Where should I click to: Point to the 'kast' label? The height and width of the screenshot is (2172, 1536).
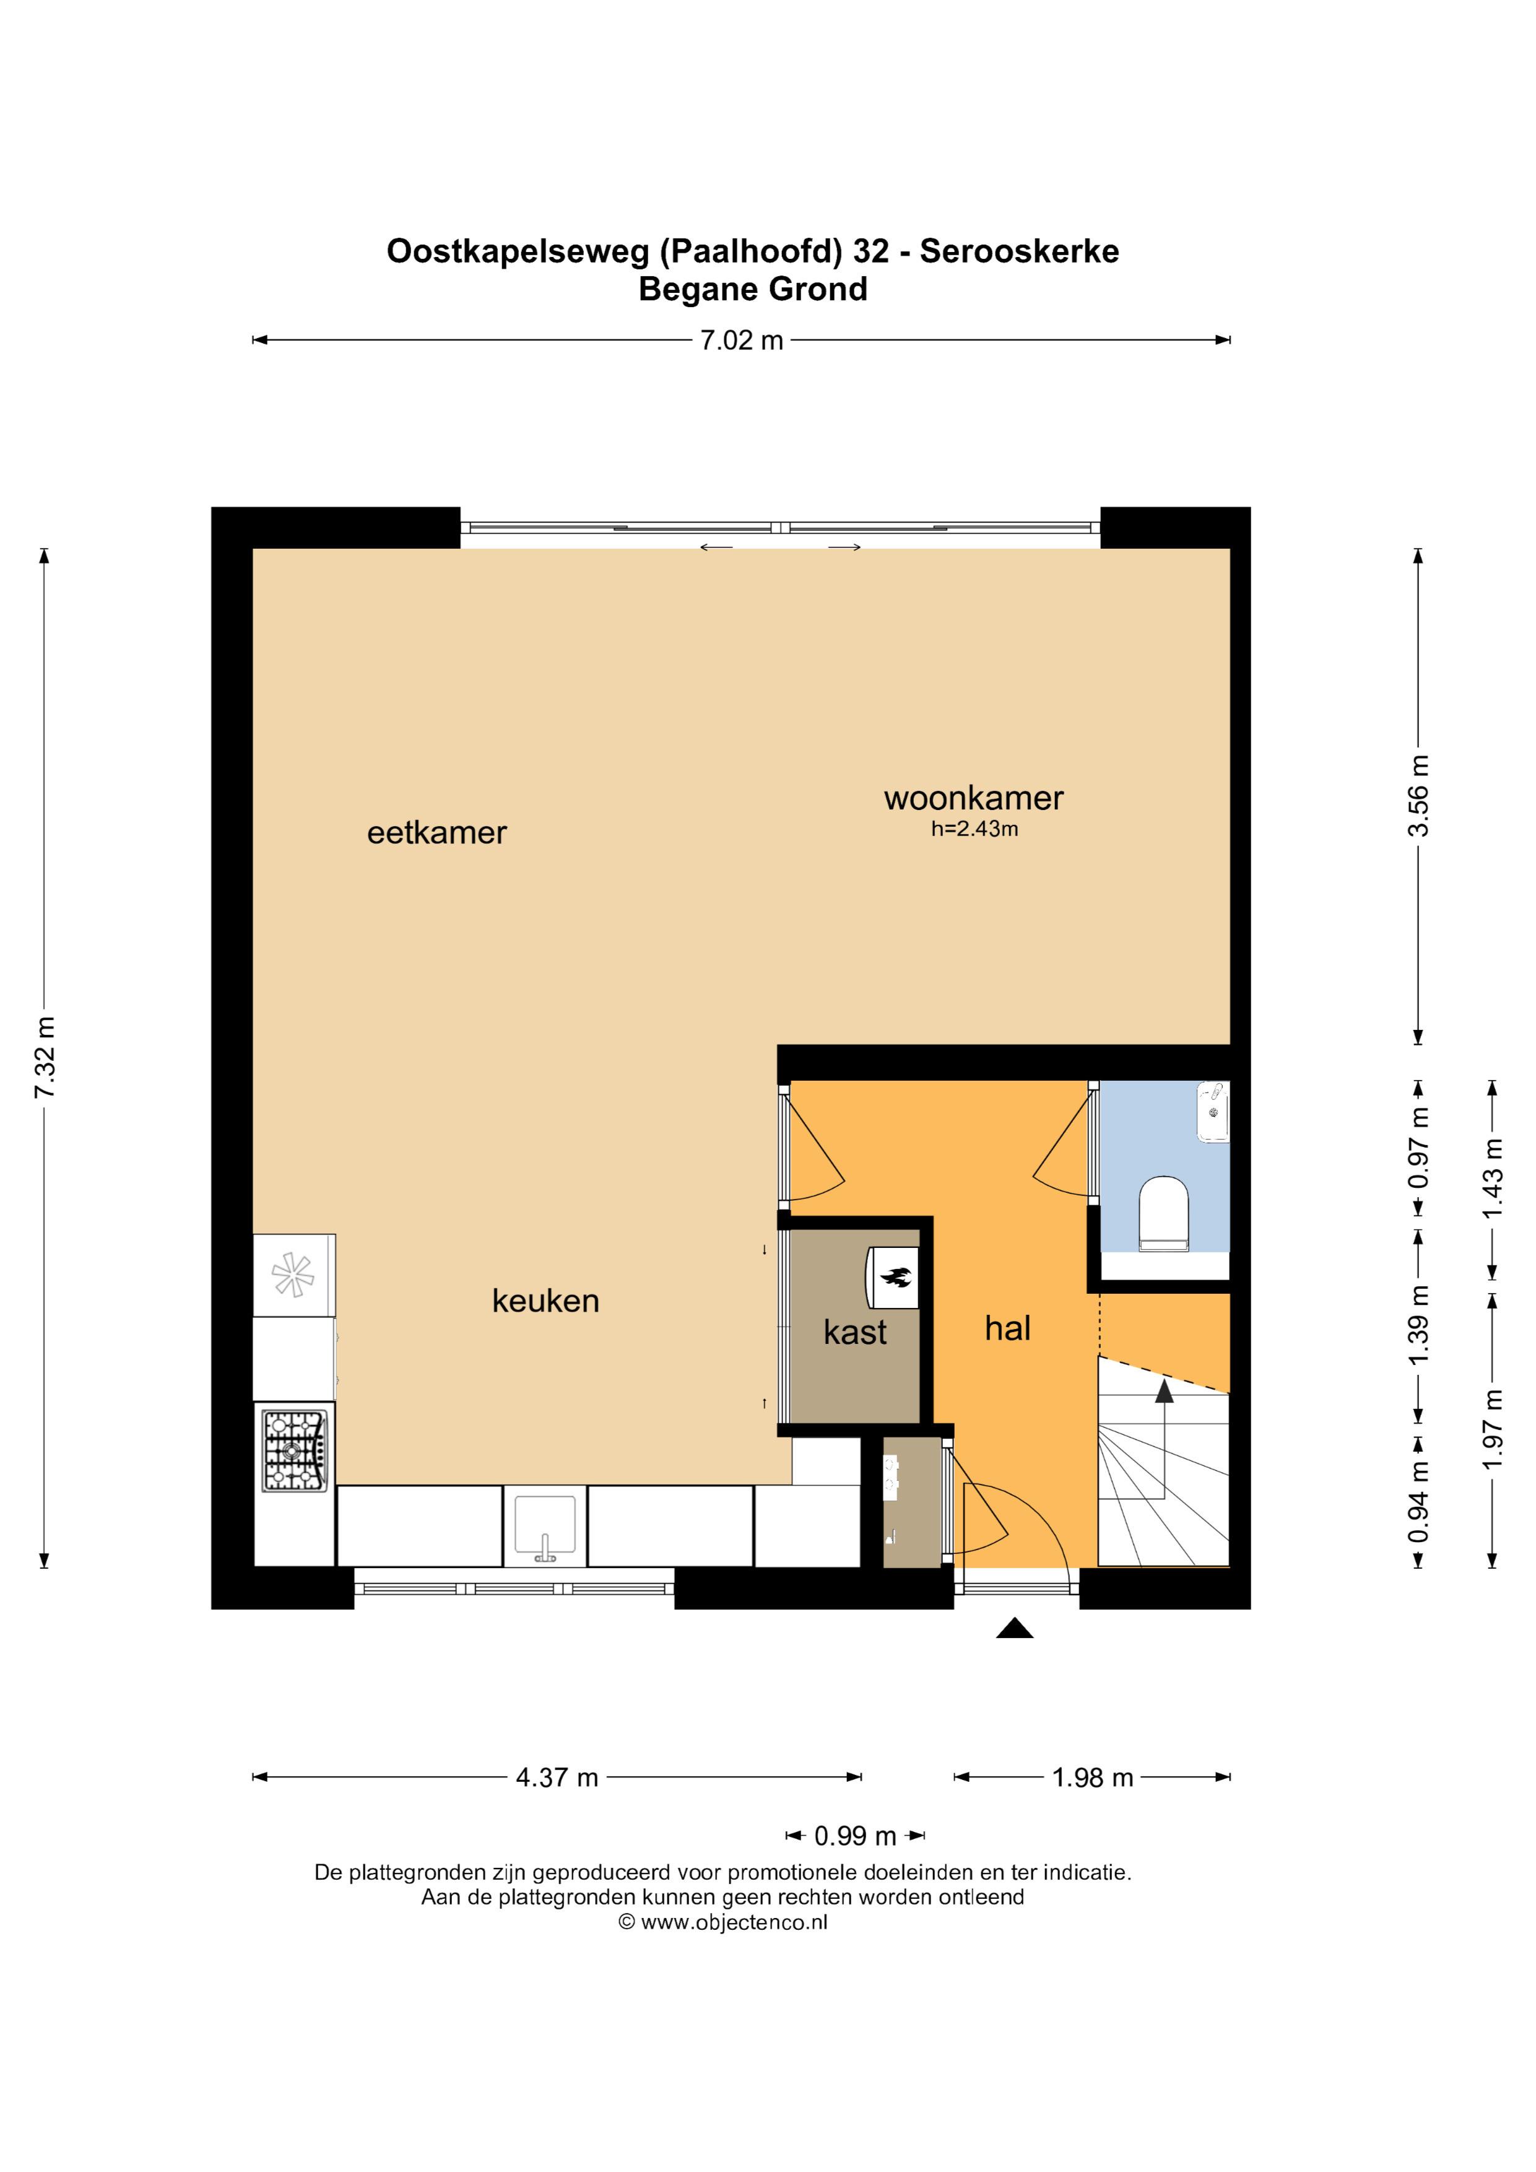click(855, 1332)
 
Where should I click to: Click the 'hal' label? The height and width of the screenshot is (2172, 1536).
click(1007, 1328)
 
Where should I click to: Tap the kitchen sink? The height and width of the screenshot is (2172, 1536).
click(545, 1527)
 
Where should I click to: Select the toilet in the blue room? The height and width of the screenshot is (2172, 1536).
click(1163, 1214)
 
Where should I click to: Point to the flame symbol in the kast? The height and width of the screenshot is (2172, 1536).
click(895, 1279)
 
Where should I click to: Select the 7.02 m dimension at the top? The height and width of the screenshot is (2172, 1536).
click(742, 341)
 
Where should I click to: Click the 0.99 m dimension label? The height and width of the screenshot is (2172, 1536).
click(855, 1836)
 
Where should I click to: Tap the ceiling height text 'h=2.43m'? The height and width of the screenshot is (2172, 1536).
click(974, 830)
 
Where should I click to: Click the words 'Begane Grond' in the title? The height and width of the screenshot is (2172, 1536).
click(753, 289)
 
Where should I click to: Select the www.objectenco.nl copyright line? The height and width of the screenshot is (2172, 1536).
click(722, 1922)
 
